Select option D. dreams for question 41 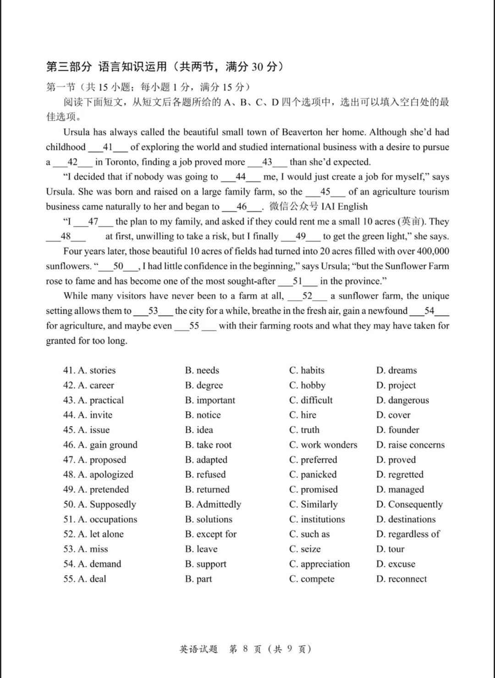coord(396,370)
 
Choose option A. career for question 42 coord(96,385)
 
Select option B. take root coord(208,445)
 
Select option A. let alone coord(101,534)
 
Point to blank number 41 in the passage coord(108,147)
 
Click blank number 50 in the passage coord(118,266)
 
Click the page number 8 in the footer coord(245,649)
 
